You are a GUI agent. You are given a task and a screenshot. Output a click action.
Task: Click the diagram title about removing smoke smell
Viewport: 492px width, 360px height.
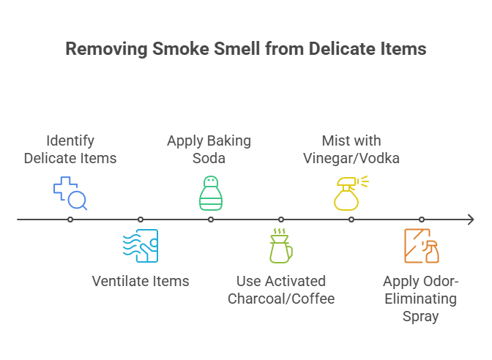pyautogui.click(x=245, y=50)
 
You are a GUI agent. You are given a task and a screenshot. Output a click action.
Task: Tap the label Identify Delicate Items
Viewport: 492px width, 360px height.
pyautogui.click(x=70, y=149)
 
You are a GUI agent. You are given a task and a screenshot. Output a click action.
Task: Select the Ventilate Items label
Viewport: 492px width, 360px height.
pyautogui.click(x=141, y=280)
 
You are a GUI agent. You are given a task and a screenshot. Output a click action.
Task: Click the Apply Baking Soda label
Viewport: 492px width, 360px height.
pyautogui.click(x=209, y=149)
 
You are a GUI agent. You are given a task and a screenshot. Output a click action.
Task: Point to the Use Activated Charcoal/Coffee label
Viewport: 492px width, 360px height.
pyautogui.click(x=281, y=289)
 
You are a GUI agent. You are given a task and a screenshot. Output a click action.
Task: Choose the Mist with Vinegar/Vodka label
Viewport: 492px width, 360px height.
pyautogui.click(x=351, y=149)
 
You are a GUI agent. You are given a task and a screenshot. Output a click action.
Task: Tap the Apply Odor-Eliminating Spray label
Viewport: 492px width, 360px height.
pyautogui.click(x=421, y=299)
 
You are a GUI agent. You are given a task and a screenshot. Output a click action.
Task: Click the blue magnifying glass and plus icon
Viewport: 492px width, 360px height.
pyautogui.click(x=70, y=192)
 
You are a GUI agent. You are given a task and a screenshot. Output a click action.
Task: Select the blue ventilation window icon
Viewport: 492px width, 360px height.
pyautogui.click(x=141, y=246)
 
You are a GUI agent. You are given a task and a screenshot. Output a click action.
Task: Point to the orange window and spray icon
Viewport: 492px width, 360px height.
pyautogui.click(x=422, y=246)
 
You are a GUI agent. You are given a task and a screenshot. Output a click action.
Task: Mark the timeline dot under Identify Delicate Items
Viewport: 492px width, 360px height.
pyautogui.click(x=70, y=219)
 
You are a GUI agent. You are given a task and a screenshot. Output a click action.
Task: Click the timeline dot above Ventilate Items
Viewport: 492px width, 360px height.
pyautogui.click(x=141, y=219)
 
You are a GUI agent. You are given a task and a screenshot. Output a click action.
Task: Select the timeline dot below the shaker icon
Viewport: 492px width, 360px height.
pyautogui.click(x=211, y=219)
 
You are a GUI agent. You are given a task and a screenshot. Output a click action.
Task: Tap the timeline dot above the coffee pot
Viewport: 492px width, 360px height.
pyautogui.click(x=281, y=219)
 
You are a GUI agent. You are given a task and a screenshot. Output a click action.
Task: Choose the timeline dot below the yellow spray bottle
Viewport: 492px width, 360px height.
pyautogui.click(x=351, y=219)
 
